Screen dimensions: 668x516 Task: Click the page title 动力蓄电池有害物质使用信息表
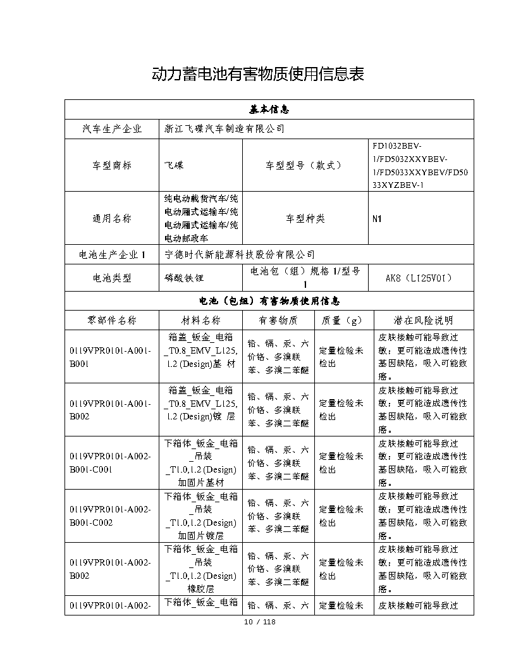point(258,74)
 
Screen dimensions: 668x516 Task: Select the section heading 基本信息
point(270,109)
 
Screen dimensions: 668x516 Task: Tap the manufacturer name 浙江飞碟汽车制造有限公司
point(224,129)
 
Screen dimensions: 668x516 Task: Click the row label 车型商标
point(112,165)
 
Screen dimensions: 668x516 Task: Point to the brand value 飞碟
point(174,165)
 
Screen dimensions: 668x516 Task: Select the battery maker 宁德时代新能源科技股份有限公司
point(240,254)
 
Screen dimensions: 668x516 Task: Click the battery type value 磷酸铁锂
point(183,278)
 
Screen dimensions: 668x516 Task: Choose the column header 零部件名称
point(112,320)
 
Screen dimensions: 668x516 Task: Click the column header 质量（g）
point(341,320)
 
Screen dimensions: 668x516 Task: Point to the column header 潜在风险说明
point(423,320)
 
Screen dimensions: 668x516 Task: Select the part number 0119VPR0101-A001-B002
point(111,409)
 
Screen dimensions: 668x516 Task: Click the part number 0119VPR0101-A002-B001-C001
point(111,462)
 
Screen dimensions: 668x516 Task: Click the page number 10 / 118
point(260,622)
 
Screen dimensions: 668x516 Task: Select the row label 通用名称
point(112,219)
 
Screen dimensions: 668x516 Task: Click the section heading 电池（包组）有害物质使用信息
point(270,301)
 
